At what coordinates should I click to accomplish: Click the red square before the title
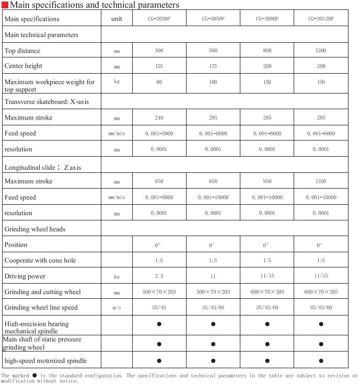[5, 5]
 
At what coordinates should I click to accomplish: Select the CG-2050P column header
[159, 19]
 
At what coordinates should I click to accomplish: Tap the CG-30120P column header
[321, 19]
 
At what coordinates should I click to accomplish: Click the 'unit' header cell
[117, 19]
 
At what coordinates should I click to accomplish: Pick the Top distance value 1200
[321, 51]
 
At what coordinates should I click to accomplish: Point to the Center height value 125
[159, 66]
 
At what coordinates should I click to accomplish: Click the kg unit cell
[117, 81]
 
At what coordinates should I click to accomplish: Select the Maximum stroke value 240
[159, 118]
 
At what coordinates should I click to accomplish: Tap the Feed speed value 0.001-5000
[159, 134]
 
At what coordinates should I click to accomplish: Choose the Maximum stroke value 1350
[321, 181]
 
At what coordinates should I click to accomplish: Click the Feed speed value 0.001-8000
[159, 197]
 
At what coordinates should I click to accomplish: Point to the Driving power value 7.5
[159, 276]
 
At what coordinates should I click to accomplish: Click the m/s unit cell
[117, 308]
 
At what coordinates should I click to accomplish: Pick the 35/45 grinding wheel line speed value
[159, 308]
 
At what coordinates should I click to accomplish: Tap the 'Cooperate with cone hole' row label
[40, 261]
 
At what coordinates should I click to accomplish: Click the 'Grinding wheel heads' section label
[34, 229]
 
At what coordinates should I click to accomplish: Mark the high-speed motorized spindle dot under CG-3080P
[267, 360]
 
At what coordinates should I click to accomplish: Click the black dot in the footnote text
[34, 375]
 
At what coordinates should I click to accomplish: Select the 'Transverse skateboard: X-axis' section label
[47, 101]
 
